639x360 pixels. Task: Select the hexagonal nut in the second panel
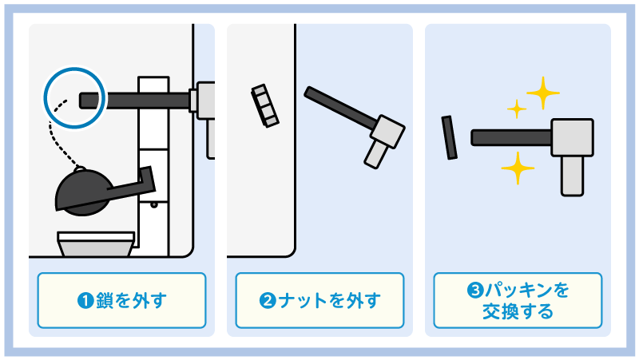point(265,106)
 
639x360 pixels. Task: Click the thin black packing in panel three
point(449,137)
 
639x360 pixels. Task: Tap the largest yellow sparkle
point(543,93)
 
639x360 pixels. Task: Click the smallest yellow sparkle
point(517,109)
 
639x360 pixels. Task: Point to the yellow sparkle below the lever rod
point(518,168)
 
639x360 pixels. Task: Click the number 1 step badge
point(85,301)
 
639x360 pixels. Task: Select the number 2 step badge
point(268,301)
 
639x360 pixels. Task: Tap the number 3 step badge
point(475,291)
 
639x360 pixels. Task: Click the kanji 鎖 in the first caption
point(105,301)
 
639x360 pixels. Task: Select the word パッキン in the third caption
point(515,291)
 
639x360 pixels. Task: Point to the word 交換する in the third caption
point(518,311)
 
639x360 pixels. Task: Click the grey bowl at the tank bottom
point(96,244)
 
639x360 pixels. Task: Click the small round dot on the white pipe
point(154,204)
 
